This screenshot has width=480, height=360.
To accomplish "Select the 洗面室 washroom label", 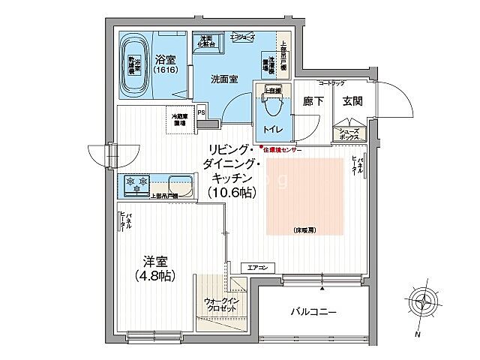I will click(x=224, y=79).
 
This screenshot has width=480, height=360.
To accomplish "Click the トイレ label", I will click(x=271, y=130).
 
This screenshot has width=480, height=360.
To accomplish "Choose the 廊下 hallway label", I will click(x=313, y=101).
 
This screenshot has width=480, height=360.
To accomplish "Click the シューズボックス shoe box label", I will click(x=349, y=135).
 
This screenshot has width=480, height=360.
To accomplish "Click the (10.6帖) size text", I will click(x=232, y=193).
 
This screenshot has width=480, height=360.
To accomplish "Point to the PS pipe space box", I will click(x=201, y=114).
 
